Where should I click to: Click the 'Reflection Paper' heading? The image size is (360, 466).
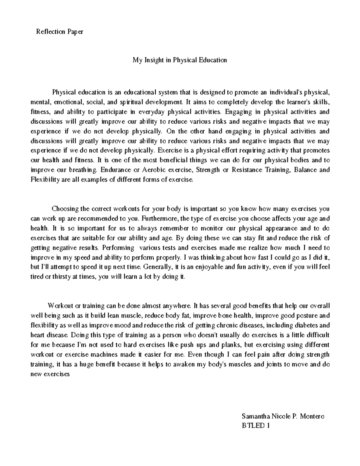59,32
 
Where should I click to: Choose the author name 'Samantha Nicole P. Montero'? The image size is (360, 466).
283,416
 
